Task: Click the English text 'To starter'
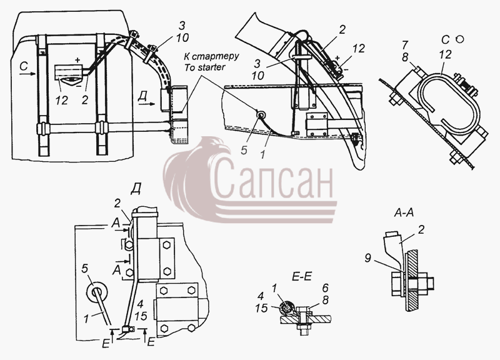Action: tap(204, 67)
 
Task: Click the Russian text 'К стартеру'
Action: tap(211, 56)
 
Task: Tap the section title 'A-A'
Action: tap(404, 212)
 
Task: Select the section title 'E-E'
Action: tap(301, 276)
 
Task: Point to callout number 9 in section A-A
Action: tap(367, 258)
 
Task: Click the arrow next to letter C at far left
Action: tap(27, 74)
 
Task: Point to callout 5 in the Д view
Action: tap(84, 269)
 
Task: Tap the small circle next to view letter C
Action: tap(459, 39)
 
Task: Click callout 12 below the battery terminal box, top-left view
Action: tap(61, 101)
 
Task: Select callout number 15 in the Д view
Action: tap(141, 316)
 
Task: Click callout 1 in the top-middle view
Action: tap(262, 154)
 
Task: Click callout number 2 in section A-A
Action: tap(421, 229)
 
